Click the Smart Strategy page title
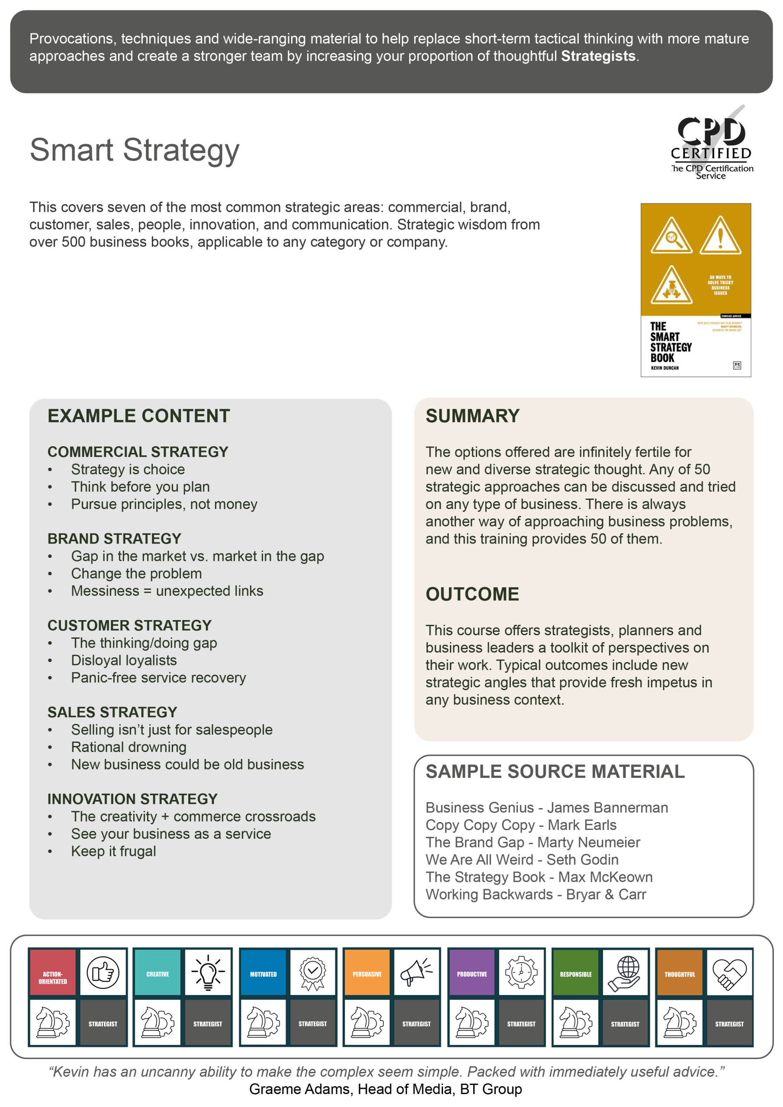pyautogui.click(x=134, y=150)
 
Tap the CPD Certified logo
pyautogui.click(x=711, y=143)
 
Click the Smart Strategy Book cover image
pyautogui.click(x=695, y=290)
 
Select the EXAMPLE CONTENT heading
pyautogui.click(x=138, y=416)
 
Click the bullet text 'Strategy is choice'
pyautogui.click(x=128, y=469)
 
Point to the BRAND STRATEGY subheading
pyautogui.click(x=114, y=538)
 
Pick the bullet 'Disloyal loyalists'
pyautogui.click(x=124, y=660)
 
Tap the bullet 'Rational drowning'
pyautogui.click(x=129, y=747)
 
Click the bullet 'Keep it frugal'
pyautogui.click(x=113, y=851)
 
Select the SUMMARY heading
pyautogui.click(x=472, y=416)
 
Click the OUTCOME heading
pyautogui.click(x=472, y=594)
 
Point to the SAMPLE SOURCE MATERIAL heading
pyautogui.click(x=555, y=771)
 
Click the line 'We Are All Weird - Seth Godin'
pyautogui.click(x=522, y=859)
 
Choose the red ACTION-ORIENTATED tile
pyautogui.click(x=53, y=972)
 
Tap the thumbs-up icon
pyautogui.click(x=103, y=972)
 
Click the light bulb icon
pyautogui.click(x=208, y=972)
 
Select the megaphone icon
pyautogui.click(x=416, y=972)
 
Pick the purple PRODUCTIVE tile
pyautogui.click(x=472, y=972)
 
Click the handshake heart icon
pyautogui.click(x=729, y=972)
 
